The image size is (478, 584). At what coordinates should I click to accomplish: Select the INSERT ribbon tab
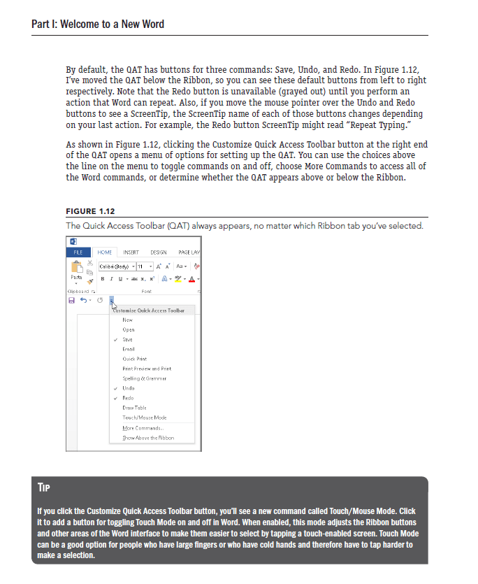click(131, 252)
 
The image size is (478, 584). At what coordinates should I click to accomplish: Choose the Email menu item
click(129, 348)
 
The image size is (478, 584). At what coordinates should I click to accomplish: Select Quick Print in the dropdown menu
click(134, 358)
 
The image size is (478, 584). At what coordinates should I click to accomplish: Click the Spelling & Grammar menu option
click(144, 378)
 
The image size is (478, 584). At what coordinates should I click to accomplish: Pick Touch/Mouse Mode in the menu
click(144, 417)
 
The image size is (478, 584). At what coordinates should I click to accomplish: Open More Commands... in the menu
click(142, 427)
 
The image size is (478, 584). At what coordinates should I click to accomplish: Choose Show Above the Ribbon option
click(147, 437)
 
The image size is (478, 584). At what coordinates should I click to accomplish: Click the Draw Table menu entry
click(134, 407)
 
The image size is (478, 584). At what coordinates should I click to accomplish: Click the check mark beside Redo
click(115, 397)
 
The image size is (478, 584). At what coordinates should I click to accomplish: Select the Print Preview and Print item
click(146, 368)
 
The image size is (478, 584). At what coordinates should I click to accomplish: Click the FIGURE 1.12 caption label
click(90, 211)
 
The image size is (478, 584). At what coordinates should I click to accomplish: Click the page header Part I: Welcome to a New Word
click(98, 24)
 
